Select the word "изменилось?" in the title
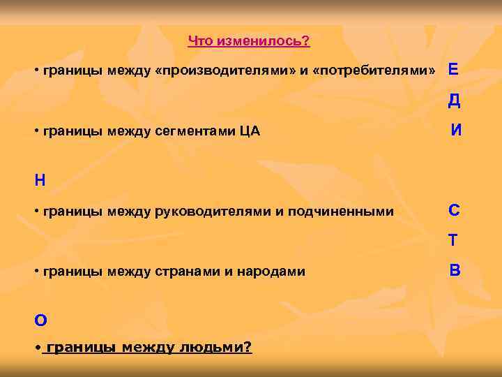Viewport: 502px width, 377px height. [264, 41]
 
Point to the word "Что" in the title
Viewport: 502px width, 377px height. [201, 41]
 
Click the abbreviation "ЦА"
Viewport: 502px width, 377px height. [249, 131]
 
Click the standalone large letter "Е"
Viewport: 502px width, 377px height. [453, 69]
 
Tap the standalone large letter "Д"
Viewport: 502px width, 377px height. [454, 101]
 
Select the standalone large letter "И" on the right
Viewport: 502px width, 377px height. [456, 129]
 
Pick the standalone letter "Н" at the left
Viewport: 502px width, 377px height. [40, 180]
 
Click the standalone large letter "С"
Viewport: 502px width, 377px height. [454, 210]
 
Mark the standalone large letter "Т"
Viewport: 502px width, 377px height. [453, 240]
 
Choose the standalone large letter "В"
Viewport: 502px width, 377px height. [455, 269]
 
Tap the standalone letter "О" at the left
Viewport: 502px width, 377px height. [40, 320]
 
